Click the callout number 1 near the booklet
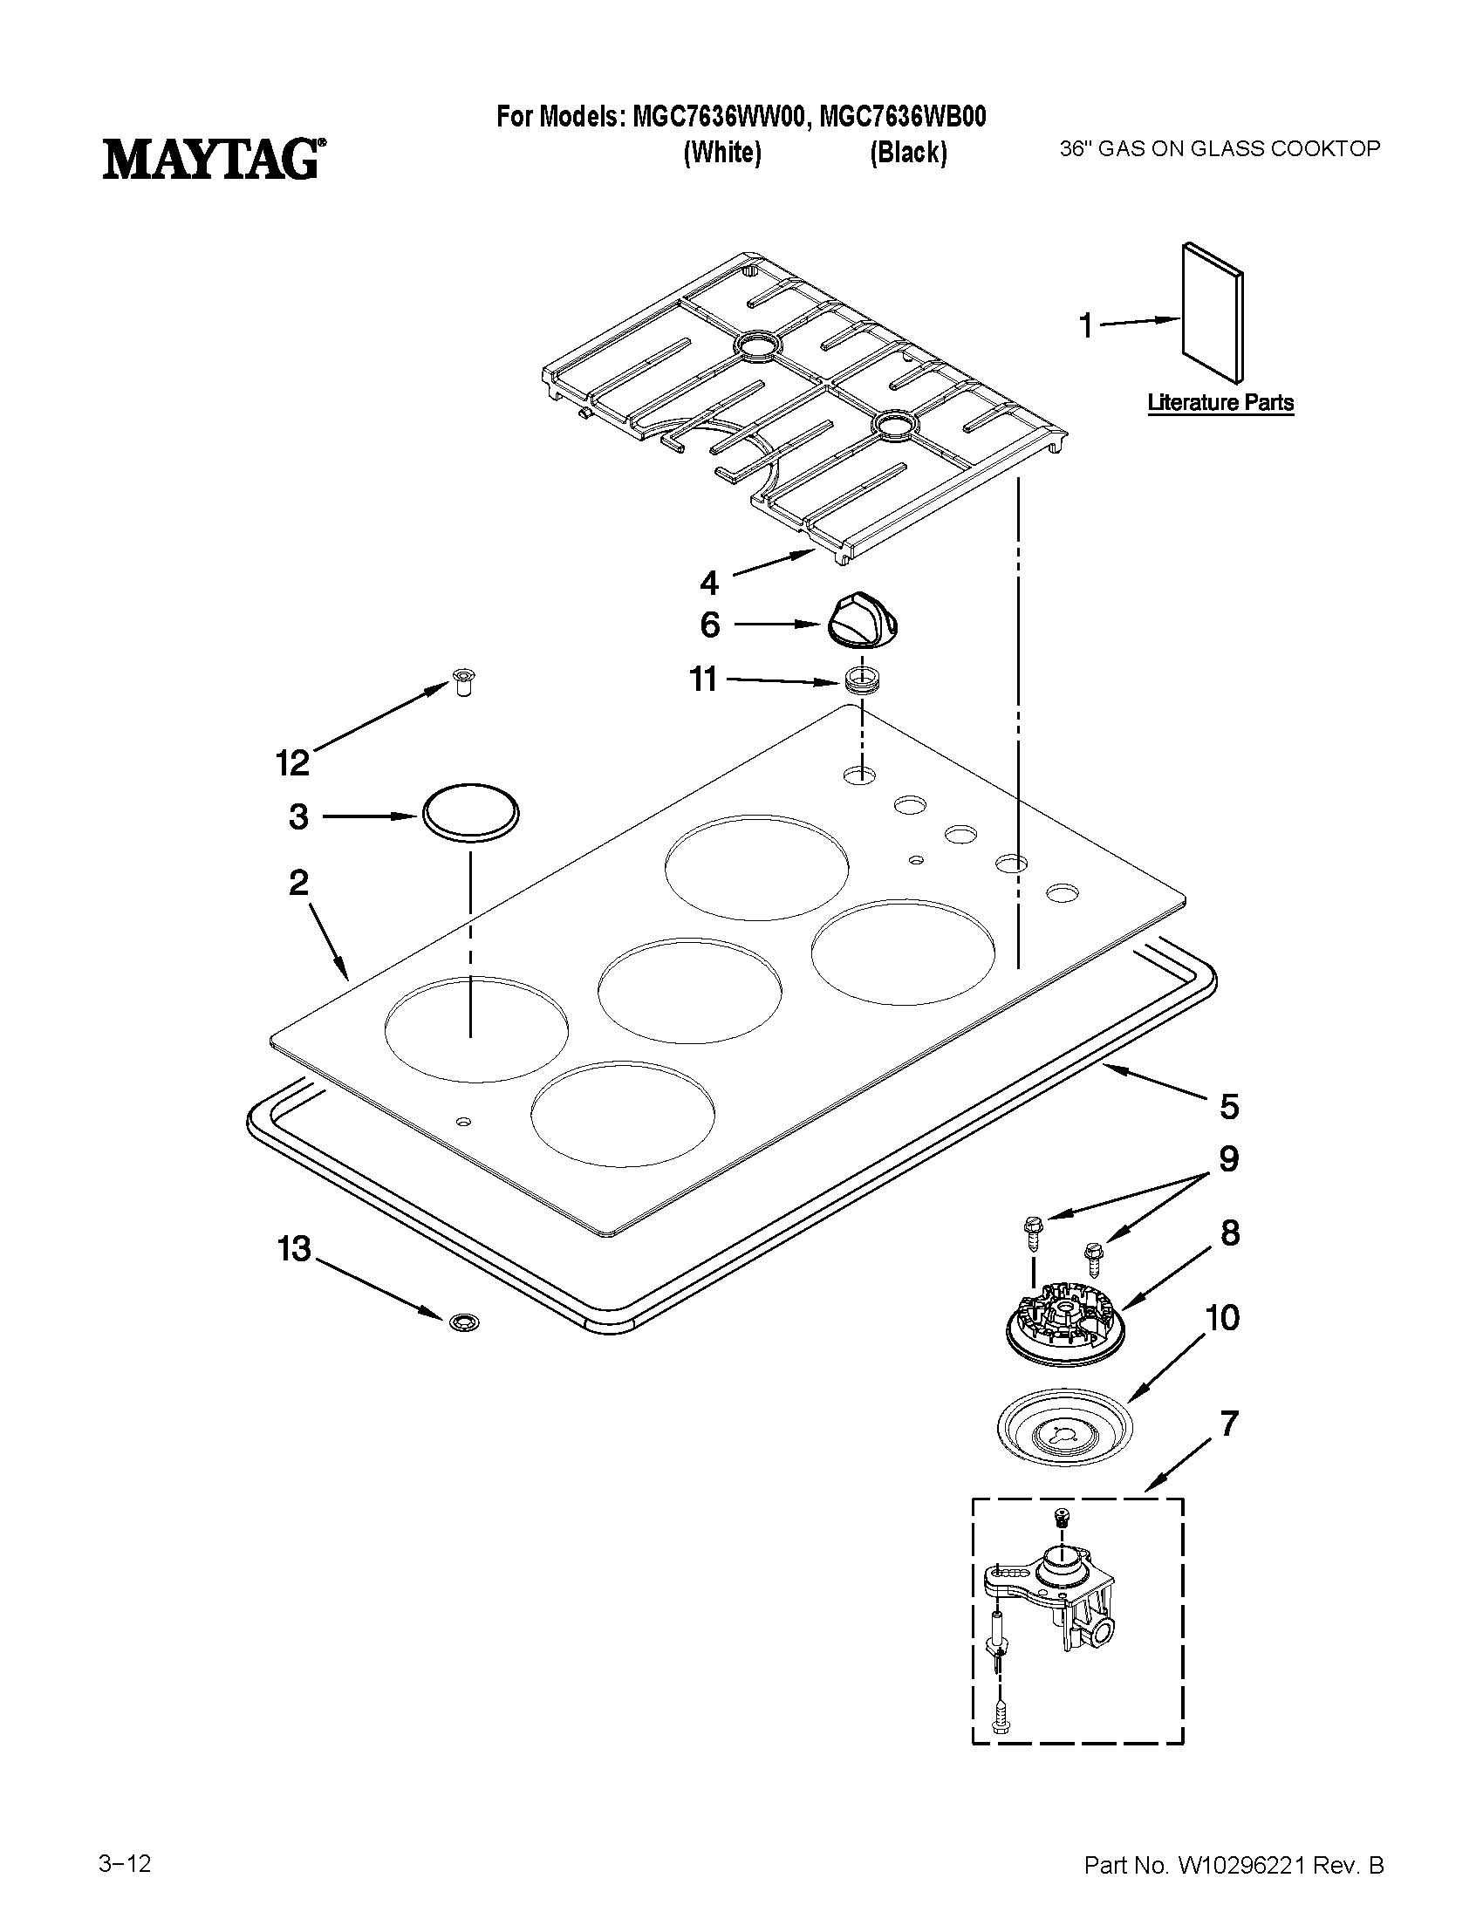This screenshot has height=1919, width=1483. coord(1086,326)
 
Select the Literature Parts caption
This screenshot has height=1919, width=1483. coord(1220,402)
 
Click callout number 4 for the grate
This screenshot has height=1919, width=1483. coord(708,582)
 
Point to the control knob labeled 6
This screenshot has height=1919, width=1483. coord(865,620)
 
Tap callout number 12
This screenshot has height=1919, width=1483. coord(292,762)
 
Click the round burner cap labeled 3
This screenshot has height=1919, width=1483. coord(472,812)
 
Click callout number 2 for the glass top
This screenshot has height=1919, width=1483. coord(298,882)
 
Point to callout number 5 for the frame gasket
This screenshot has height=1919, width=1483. coord(1228,1106)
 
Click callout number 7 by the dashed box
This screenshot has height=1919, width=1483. coord(1228,1423)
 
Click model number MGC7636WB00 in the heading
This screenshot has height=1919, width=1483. coord(901,117)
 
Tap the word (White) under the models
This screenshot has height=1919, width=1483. coord(722,153)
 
